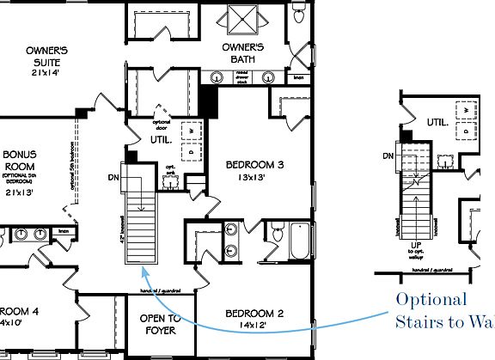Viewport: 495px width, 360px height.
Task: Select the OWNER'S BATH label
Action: (x=247, y=53)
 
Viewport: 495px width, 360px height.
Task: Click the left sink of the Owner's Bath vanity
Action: (x=217, y=77)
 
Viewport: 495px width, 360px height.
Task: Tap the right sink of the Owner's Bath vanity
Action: (x=269, y=77)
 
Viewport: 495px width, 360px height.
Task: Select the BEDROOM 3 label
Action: (x=254, y=164)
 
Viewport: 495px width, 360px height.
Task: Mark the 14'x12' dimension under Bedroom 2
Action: (x=253, y=326)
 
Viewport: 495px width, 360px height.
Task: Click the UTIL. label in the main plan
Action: (x=162, y=138)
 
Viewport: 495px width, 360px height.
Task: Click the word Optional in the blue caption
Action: (x=431, y=299)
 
